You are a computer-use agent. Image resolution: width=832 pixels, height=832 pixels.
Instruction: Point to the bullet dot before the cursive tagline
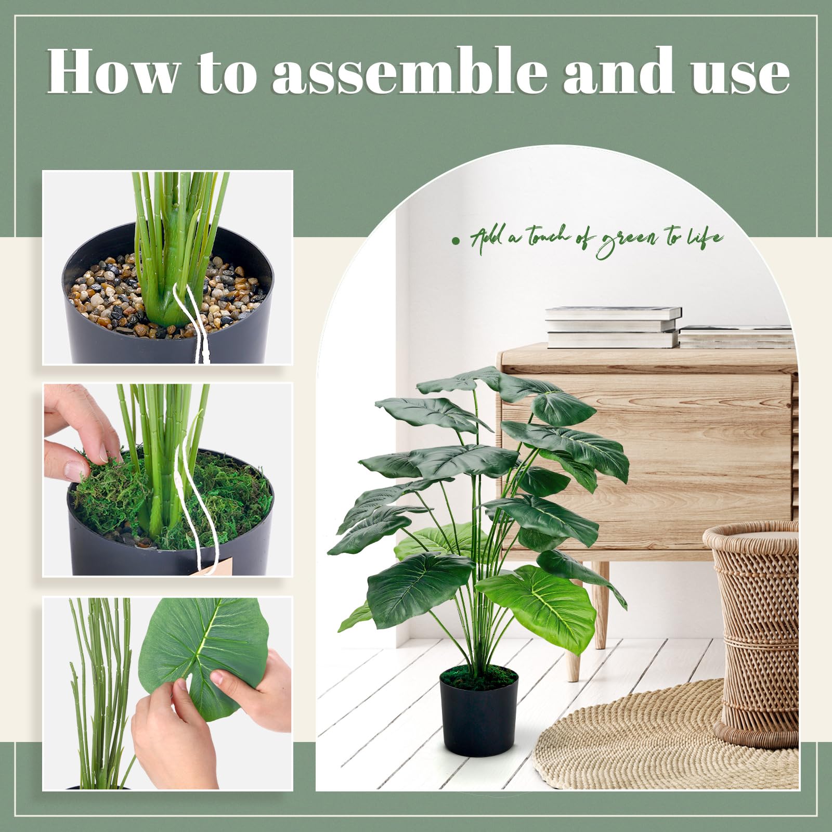pos(456,241)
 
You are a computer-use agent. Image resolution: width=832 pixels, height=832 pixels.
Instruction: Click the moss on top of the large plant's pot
pos(479,677)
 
